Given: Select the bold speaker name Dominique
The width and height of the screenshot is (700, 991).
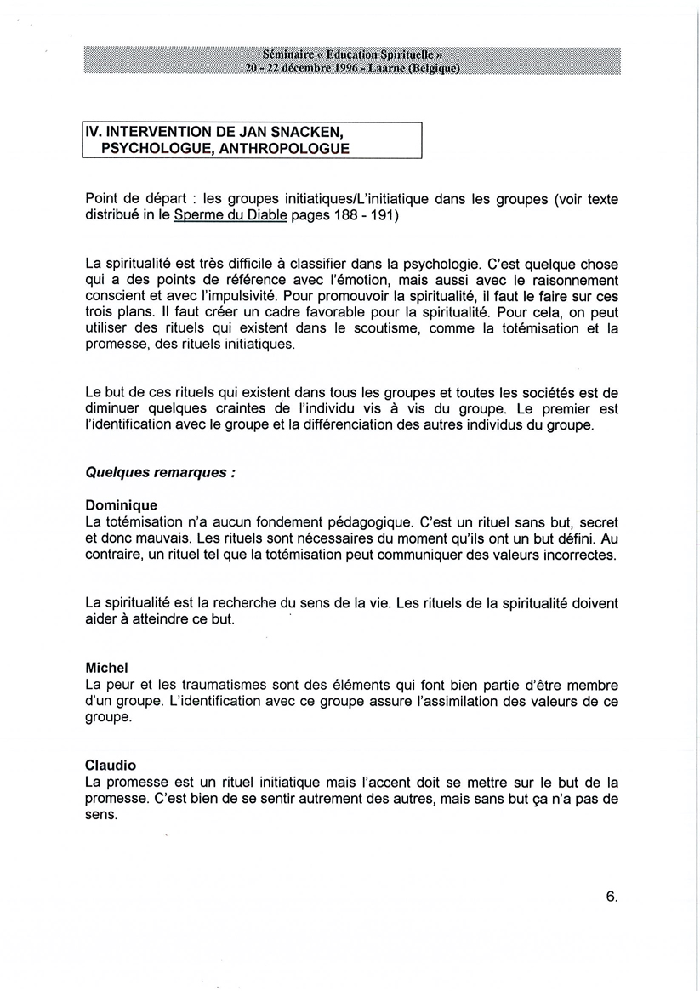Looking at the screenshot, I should pos(122,505).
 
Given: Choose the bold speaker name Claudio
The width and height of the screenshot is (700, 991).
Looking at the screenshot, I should pos(111,765).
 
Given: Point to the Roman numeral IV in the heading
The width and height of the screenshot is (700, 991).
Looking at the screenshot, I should pos(93,133).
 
